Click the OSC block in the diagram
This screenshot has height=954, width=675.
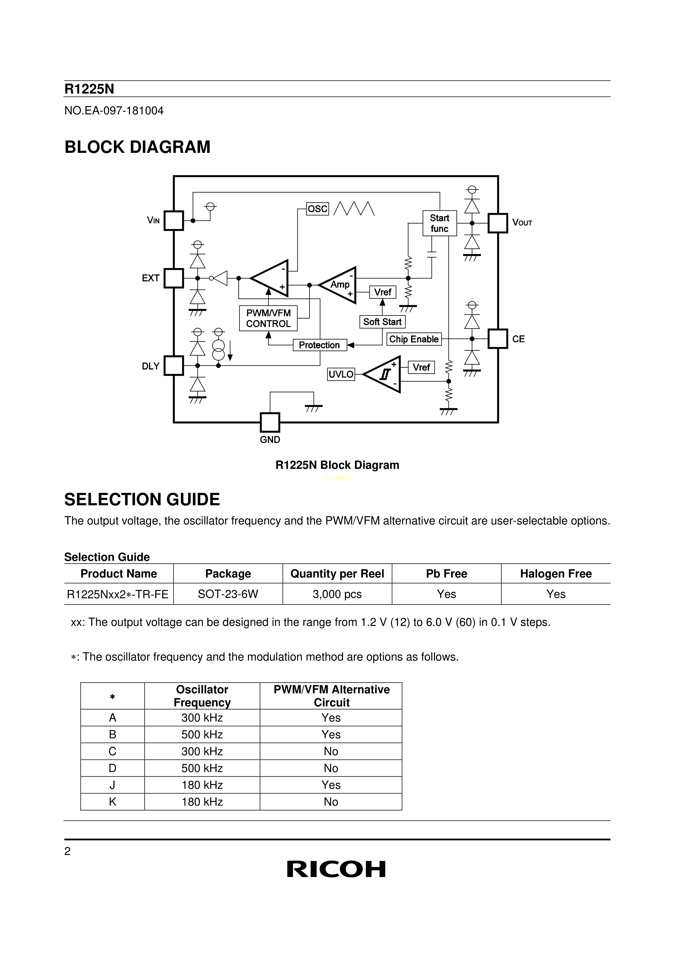[318, 209]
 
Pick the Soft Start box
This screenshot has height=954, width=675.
[382, 322]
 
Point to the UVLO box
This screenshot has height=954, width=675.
[341, 374]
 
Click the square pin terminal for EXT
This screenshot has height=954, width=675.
[174, 278]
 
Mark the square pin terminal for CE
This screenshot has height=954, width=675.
[498, 339]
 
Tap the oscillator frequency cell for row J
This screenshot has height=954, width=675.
[202, 785]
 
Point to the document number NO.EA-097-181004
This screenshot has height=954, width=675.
[114, 110]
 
